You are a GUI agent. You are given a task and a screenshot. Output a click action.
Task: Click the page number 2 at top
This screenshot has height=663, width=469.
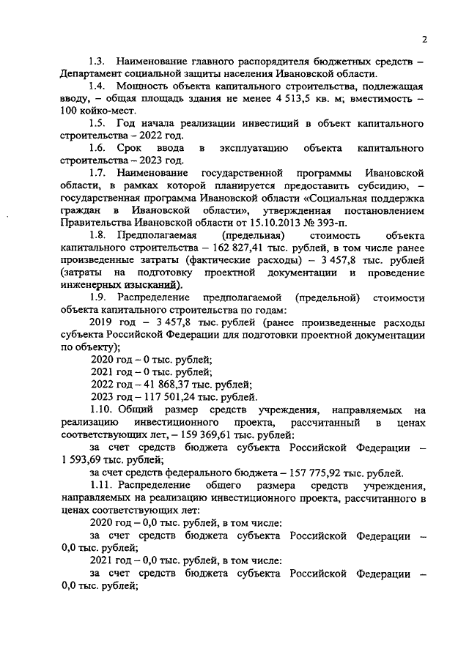coord(424,40)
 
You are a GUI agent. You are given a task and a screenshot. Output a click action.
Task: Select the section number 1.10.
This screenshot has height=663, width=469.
coord(101,410)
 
